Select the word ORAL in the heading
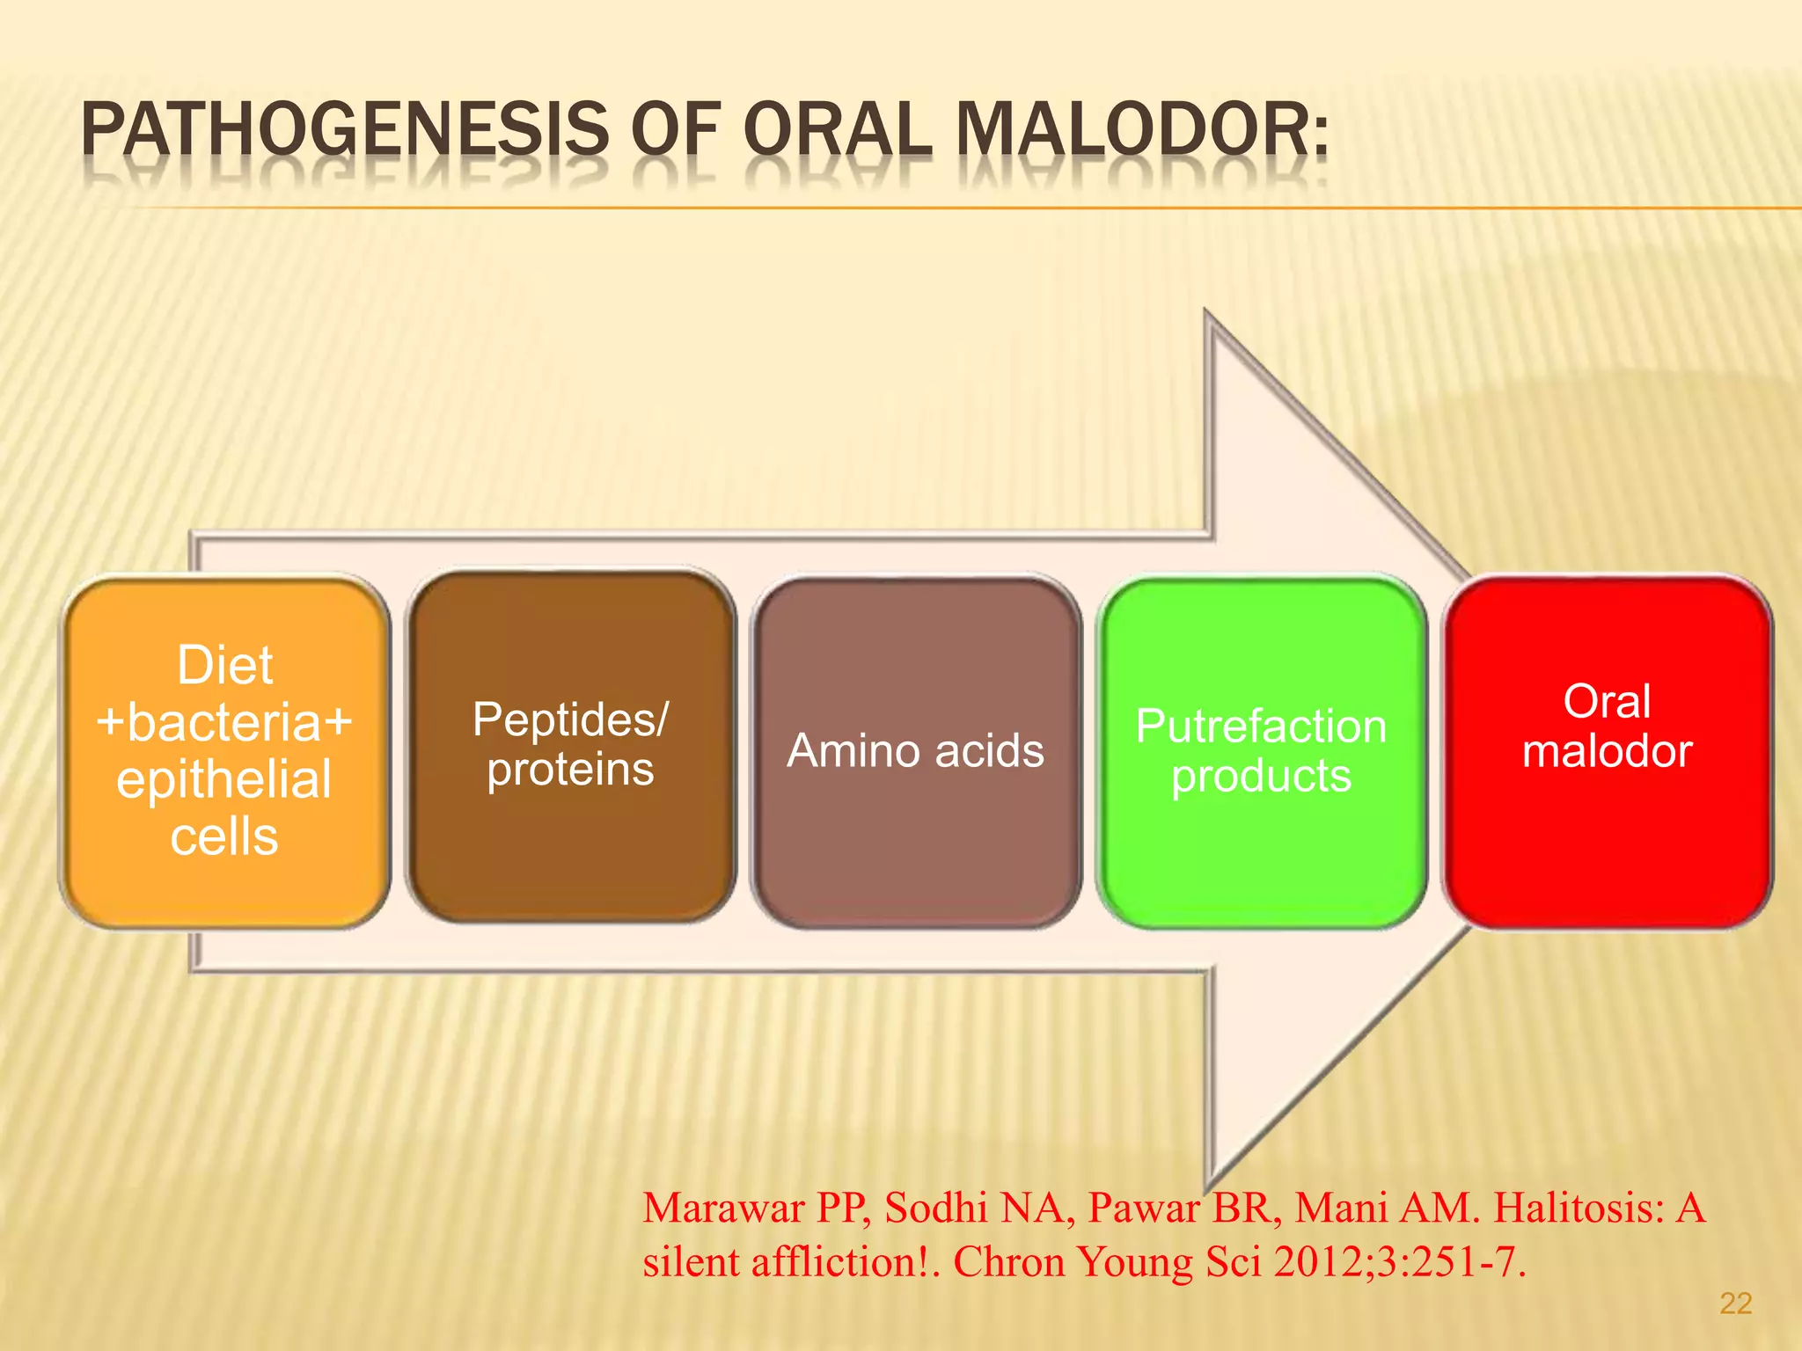click(x=837, y=130)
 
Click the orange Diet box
click(x=224, y=752)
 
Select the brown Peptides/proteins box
click(x=570, y=748)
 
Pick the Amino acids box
click(x=915, y=752)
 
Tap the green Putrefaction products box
click(x=1261, y=752)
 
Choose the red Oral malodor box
click(x=1607, y=752)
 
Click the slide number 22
click(x=1735, y=1304)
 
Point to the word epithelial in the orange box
click(x=224, y=780)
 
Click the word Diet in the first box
click(x=224, y=665)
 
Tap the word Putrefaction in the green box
click(x=1261, y=727)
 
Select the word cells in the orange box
click(x=224, y=836)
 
